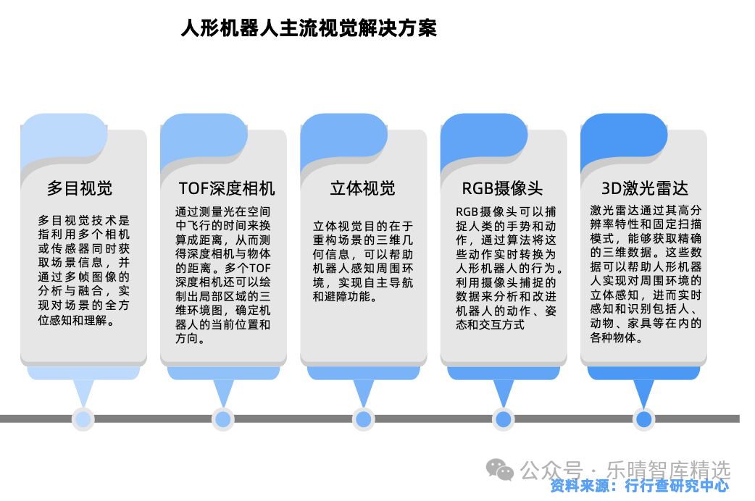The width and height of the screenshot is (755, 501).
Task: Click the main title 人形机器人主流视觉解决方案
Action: pos(309,28)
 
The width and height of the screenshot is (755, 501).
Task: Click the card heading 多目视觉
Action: pos(80,188)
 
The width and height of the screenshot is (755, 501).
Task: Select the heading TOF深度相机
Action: pos(226,188)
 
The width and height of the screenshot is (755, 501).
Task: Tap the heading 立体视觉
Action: pos(362,188)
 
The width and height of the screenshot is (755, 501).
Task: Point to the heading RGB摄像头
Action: pos(502,188)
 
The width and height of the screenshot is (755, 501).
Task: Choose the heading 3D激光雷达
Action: pos(645,188)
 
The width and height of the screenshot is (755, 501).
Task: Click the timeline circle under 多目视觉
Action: pos(83,419)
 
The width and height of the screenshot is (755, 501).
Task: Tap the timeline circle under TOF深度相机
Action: pos(223,419)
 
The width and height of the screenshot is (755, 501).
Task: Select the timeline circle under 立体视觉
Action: pos(363,419)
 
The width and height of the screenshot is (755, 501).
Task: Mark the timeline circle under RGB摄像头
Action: pos(503,419)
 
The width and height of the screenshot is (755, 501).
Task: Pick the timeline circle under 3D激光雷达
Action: pos(643,419)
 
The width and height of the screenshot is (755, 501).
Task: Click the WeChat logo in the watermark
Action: pos(500,470)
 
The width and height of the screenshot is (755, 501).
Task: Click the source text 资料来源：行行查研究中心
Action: pos(640,486)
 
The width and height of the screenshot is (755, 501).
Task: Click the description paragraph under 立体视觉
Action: pos(363,261)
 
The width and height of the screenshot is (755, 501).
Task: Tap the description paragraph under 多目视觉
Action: pos(84,270)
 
